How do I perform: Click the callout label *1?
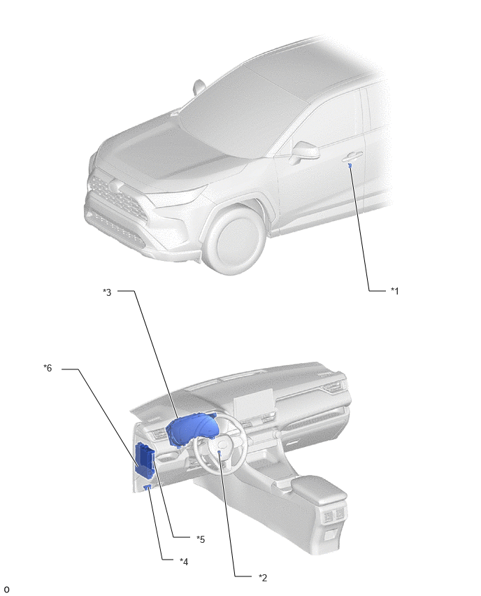pyautogui.click(x=395, y=291)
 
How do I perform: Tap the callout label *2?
pyautogui.click(x=263, y=578)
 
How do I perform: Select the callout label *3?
pyautogui.click(x=107, y=292)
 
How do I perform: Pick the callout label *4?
pyautogui.click(x=184, y=562)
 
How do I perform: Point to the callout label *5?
pyautogui.click(x=201, y=539)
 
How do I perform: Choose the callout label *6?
pyautogui.click(x=48, y=368)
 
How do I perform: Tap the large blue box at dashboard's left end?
pyautogui.click(x=145, y=459)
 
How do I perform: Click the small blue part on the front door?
pyautogui.click(x=350, y=165)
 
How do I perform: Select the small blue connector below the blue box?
pyautogui.click(x=148, y=488)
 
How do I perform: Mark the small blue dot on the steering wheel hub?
pyautogui.click(x=220, y=452)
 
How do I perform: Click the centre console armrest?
pyautogui.click(x=318, y=487)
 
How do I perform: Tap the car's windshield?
pyautogui.click(x=243, y=111)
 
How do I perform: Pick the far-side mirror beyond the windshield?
pyautogui.click(x=199, y=87)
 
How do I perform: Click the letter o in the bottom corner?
pyautogui.click(x=6, y=590)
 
